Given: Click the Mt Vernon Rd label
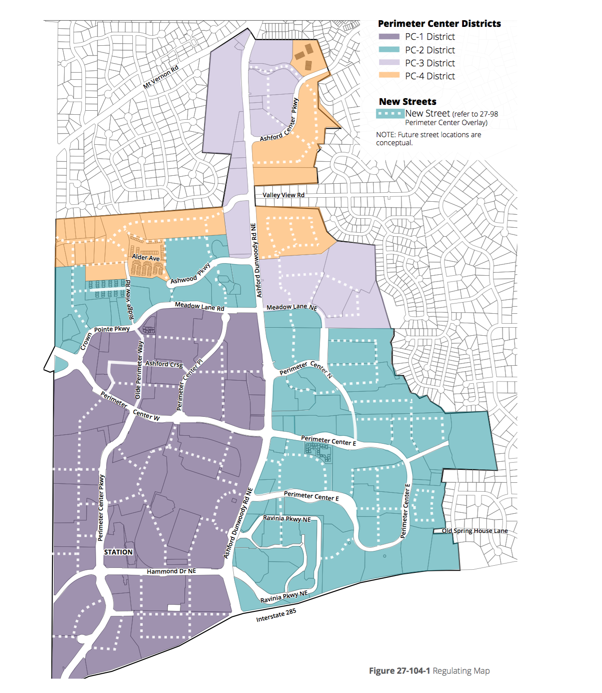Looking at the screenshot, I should [x=161, y=77].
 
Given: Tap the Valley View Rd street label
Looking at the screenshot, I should [x=284, y=195].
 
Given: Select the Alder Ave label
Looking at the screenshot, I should [x=146, y=257].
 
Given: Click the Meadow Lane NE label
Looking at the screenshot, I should [x=292, y=307].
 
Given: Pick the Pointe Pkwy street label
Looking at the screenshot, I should [x=112, y=329].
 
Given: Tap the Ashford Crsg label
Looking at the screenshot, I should [x=164, y=364].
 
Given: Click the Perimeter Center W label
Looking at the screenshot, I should [x=130, y=407].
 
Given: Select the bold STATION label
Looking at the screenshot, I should [x=118, y=552].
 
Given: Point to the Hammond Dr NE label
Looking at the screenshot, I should [x=171, y=572].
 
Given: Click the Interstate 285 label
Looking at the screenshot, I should [x=276, y=615].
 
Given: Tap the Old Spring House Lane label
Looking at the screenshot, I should [x=475, y=531].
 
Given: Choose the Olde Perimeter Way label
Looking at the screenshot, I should [x=139, y=370].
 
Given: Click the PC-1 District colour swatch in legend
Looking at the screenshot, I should [x=389, y=37].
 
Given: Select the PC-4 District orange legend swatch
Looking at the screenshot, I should [x=389, y=76].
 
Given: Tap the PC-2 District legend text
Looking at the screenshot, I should [x=430, y=50].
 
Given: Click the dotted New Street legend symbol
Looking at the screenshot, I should [x=390, y=114].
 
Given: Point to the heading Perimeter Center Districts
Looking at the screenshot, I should [x=439, y=24].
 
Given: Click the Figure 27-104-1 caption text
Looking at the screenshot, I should [x=429, y=671].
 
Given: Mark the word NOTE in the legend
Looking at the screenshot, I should [x=385, y=134].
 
